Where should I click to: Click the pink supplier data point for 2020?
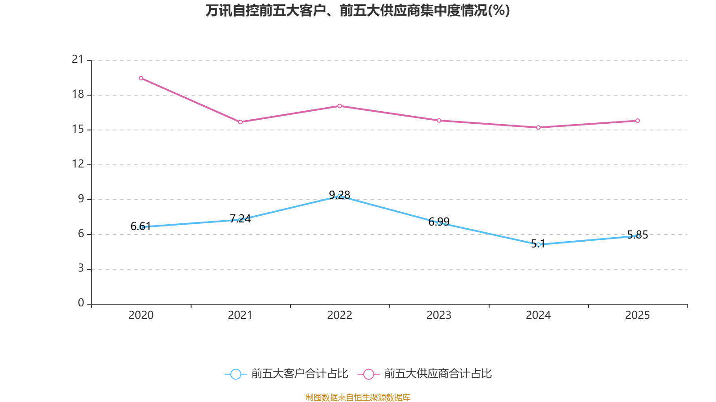(x=141, y=78)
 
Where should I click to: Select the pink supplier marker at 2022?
(x=340, y=106)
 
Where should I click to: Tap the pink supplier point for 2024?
(x=538, y=128)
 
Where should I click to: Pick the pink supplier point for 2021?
(x=240, y=122)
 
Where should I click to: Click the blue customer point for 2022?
(x=340, y=197)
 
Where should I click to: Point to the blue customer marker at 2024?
(x=538, y=245)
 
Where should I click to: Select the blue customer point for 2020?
(x=141, y=227)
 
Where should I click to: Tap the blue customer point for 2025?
(x=638, y=236)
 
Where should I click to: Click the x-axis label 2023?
(x=439, y=315)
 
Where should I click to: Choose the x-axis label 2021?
(x=240, y=315)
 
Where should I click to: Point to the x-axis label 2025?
(x=637, y=315)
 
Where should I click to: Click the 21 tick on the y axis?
(x=78, y=59)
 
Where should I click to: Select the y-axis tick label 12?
(x=78, y=164)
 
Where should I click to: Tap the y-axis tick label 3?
(x=81, y=268)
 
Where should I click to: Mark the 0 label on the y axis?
(x=81, y=303)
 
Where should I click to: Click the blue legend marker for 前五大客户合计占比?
(x=235, y=374)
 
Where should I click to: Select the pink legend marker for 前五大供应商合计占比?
(x=368, y=374)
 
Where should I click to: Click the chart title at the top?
(x=358, y=10)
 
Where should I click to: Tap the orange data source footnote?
(x=358, y=397)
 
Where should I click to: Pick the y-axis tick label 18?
(x=78, y=94)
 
